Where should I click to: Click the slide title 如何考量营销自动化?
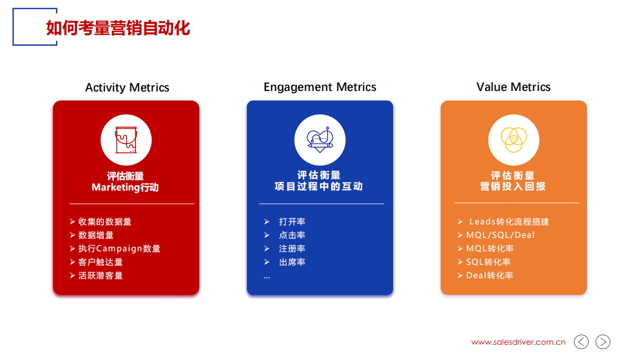[x=118, y=28]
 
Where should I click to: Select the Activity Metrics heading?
[x=127, y=88]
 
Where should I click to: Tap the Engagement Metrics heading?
[x=319, y=87]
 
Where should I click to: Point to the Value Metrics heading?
[x=513, y=87]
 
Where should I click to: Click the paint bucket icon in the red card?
[x=126, y=140]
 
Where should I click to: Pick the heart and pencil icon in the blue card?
[x=319, y=140]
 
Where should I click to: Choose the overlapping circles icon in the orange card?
[x=513, y=140]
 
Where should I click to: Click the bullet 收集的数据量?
[x=104, y=222]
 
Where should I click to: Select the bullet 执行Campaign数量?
[x=119, y=249]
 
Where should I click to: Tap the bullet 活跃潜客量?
[x=100, y=276]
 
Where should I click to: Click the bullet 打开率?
[x=292, y=222]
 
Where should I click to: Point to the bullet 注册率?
[x=292, y=249]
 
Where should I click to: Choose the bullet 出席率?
[x=292, y=262]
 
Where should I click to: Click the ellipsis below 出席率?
[x=267, y=277]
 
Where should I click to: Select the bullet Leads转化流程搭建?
[x=508, y=222]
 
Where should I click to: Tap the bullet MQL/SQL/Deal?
[x=500, y=235]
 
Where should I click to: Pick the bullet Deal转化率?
[x=489, y=276]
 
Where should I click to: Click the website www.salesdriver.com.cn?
[x=518, y=342]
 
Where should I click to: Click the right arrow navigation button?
[x=603, y=342]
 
